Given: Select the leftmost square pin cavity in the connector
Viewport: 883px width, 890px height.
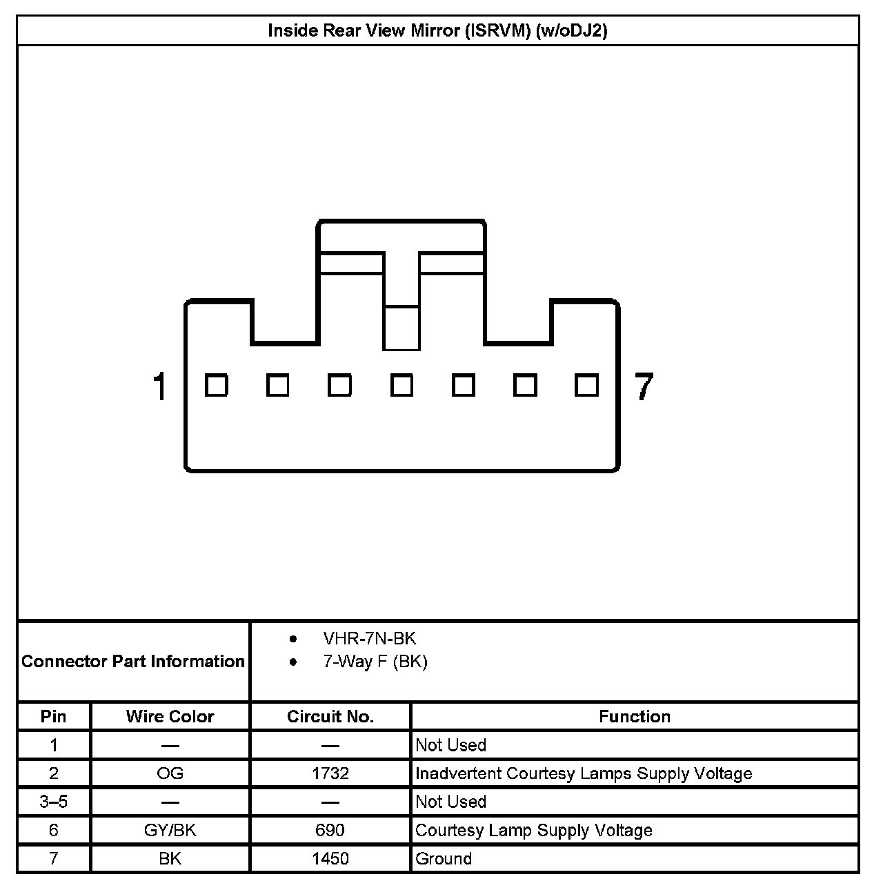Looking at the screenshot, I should (217, 385).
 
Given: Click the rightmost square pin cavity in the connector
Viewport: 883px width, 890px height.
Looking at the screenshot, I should (586, 385).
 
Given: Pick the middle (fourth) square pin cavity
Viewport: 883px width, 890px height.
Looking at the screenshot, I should (401, 385).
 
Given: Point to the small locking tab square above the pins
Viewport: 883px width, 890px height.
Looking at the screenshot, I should (401, 328).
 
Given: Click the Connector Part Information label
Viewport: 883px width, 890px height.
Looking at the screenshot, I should (133, 662).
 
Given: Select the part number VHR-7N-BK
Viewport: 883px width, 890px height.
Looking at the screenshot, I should (370, 638).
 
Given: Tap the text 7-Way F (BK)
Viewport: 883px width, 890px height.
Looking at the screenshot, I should (375, 662).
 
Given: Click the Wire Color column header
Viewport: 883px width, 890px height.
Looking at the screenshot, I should (170, 717).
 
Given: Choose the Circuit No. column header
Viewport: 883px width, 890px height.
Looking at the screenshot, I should (330, 717).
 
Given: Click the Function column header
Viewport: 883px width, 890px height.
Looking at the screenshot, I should (635, 717).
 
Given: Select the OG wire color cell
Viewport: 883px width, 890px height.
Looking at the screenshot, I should (170, 773).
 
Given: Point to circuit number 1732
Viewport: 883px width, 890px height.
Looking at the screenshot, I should (330, 773).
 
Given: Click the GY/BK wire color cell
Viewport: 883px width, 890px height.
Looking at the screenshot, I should (170, 830).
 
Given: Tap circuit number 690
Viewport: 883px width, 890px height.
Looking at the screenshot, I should (330, 830).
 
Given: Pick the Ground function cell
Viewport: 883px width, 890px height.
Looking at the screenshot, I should (444, 859).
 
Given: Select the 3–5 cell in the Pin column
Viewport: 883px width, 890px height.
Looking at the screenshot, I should (54, 802).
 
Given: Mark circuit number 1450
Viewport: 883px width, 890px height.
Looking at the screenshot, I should (330, 859).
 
